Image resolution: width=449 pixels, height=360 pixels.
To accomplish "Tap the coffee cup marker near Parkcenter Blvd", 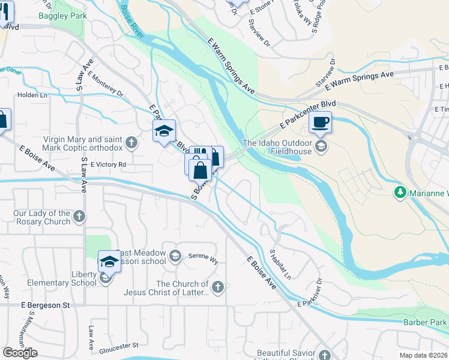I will tap(319, 122).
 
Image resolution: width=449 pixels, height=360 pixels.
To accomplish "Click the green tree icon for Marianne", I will tap(400, 193).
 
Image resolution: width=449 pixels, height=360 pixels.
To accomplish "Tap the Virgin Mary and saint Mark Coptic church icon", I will tap(132, 143).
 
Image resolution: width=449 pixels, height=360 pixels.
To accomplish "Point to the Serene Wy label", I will tap(202, 256).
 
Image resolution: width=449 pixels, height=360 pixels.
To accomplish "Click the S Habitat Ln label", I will tap(280, 264).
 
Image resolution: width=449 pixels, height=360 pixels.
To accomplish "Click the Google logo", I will tap(20, 352).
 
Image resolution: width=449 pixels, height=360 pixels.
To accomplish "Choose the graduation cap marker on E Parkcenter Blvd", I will tap(164, 132).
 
